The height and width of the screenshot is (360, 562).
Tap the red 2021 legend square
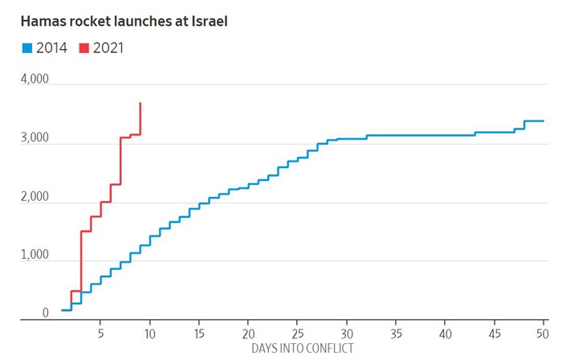tap(84, 48)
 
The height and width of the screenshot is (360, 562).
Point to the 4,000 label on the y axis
tap(34, 80)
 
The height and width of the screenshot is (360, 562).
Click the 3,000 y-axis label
tap(34, 139)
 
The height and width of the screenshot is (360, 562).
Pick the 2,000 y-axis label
tap(34, 198)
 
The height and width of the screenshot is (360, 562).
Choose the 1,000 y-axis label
tap(34, 256)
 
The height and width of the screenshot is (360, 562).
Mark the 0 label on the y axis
tap(45, 313)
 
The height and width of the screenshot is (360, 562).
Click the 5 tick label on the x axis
tap(100, 332)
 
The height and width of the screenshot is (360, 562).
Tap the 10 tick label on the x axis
tap(149, 332)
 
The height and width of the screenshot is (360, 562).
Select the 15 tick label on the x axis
tap(199, 332)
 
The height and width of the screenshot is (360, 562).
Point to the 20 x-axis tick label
tap(248, 332)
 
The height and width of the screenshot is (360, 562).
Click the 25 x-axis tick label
tap(298, 332)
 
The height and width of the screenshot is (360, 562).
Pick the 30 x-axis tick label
tap(347, 332)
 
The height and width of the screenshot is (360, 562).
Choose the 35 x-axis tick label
tap(397, 332)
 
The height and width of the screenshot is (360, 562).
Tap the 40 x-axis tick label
tap(446, 332)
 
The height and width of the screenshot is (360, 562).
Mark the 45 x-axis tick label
tap(495, 332)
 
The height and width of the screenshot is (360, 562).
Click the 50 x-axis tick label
tap(543, 332)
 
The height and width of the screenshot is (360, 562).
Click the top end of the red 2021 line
tap(140, 103)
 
